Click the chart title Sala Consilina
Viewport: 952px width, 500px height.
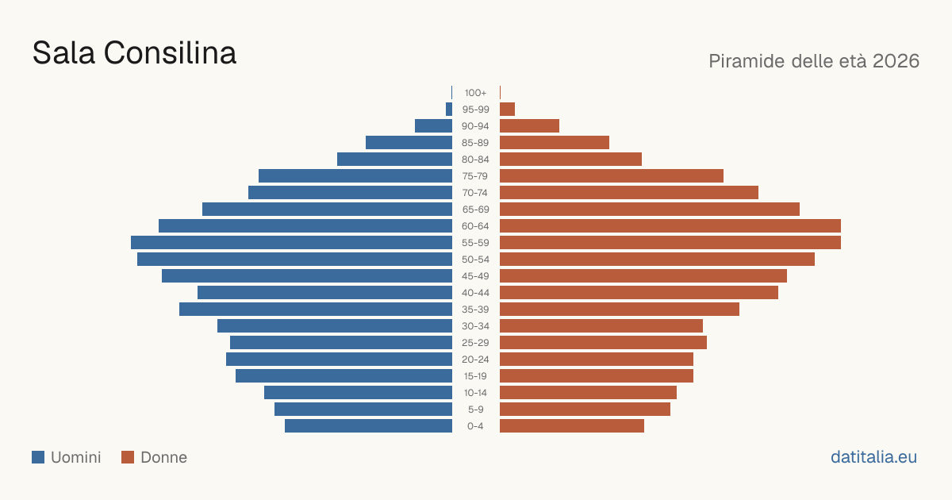click(x=134, y=53)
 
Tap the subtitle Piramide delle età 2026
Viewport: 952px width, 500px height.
click(x=814, y=61)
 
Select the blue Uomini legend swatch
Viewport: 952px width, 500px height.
click(x=38, y=457)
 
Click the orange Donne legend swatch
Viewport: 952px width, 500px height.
click(x=128, y=457)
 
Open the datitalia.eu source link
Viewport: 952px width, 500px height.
click(x=873, y=457)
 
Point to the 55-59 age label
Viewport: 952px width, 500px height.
click(x=475, y=243)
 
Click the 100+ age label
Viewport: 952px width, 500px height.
click(x=475, y=93)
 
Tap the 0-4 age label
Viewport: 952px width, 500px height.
click(x=475, y=426)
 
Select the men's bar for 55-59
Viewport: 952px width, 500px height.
click(x=292, y=243)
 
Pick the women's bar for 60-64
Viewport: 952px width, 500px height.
click(x=670, y=225)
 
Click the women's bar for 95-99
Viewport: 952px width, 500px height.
click(x=508, y=110)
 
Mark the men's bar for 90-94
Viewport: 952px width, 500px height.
click(x=433, y=126)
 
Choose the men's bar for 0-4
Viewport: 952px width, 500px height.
click(x=368, y=426)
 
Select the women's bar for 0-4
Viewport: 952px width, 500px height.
click(x=572, y=426)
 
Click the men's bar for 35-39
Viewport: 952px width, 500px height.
click(x=316, y=309)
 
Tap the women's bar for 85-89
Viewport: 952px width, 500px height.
click(x=555, y=142)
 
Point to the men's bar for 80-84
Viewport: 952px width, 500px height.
click(x=395, y=159)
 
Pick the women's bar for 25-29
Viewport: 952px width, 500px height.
click(x=604, y=343)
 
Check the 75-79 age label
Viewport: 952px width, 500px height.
click(x=475, y=176)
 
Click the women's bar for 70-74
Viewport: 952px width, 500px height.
click(x=629, y=193)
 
